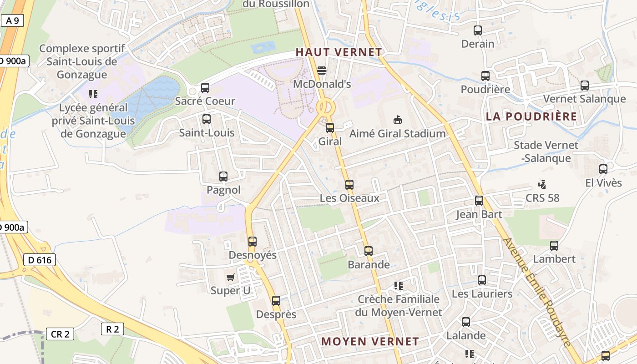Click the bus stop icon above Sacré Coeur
pos(205,87)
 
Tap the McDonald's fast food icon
pos(322,71)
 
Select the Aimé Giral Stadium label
pos(397,134)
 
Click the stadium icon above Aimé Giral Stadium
pos(398,120)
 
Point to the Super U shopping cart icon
pos(231,277)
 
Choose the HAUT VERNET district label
pos(339,52)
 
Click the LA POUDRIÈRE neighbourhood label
pos(531,116)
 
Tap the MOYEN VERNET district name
pos(370,341)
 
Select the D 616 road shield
pos(40,260)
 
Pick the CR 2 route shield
pos(60,334)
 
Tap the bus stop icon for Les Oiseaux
pos(349,185)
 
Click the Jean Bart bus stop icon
pos(479,201)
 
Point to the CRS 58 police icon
pos(542,185)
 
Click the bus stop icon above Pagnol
pos(223,177)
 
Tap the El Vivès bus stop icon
pos(603,169)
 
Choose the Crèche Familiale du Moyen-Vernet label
pos(399,306)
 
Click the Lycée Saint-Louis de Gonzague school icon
pos(93,94)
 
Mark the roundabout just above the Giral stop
pos(326,108)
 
